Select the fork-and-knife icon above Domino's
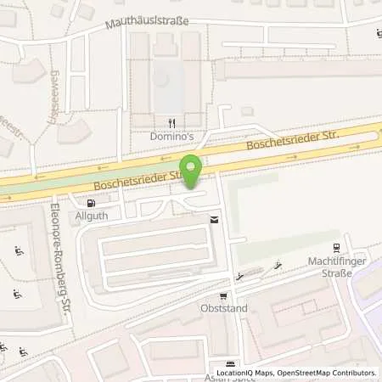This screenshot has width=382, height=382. [172, 123]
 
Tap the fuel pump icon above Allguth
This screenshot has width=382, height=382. [92, 204]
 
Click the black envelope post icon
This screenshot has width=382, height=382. [213, 220]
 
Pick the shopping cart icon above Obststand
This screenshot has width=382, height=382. [223, 296]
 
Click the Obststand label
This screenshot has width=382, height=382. [224, 308]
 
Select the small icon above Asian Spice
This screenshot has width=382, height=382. [224, 363]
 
